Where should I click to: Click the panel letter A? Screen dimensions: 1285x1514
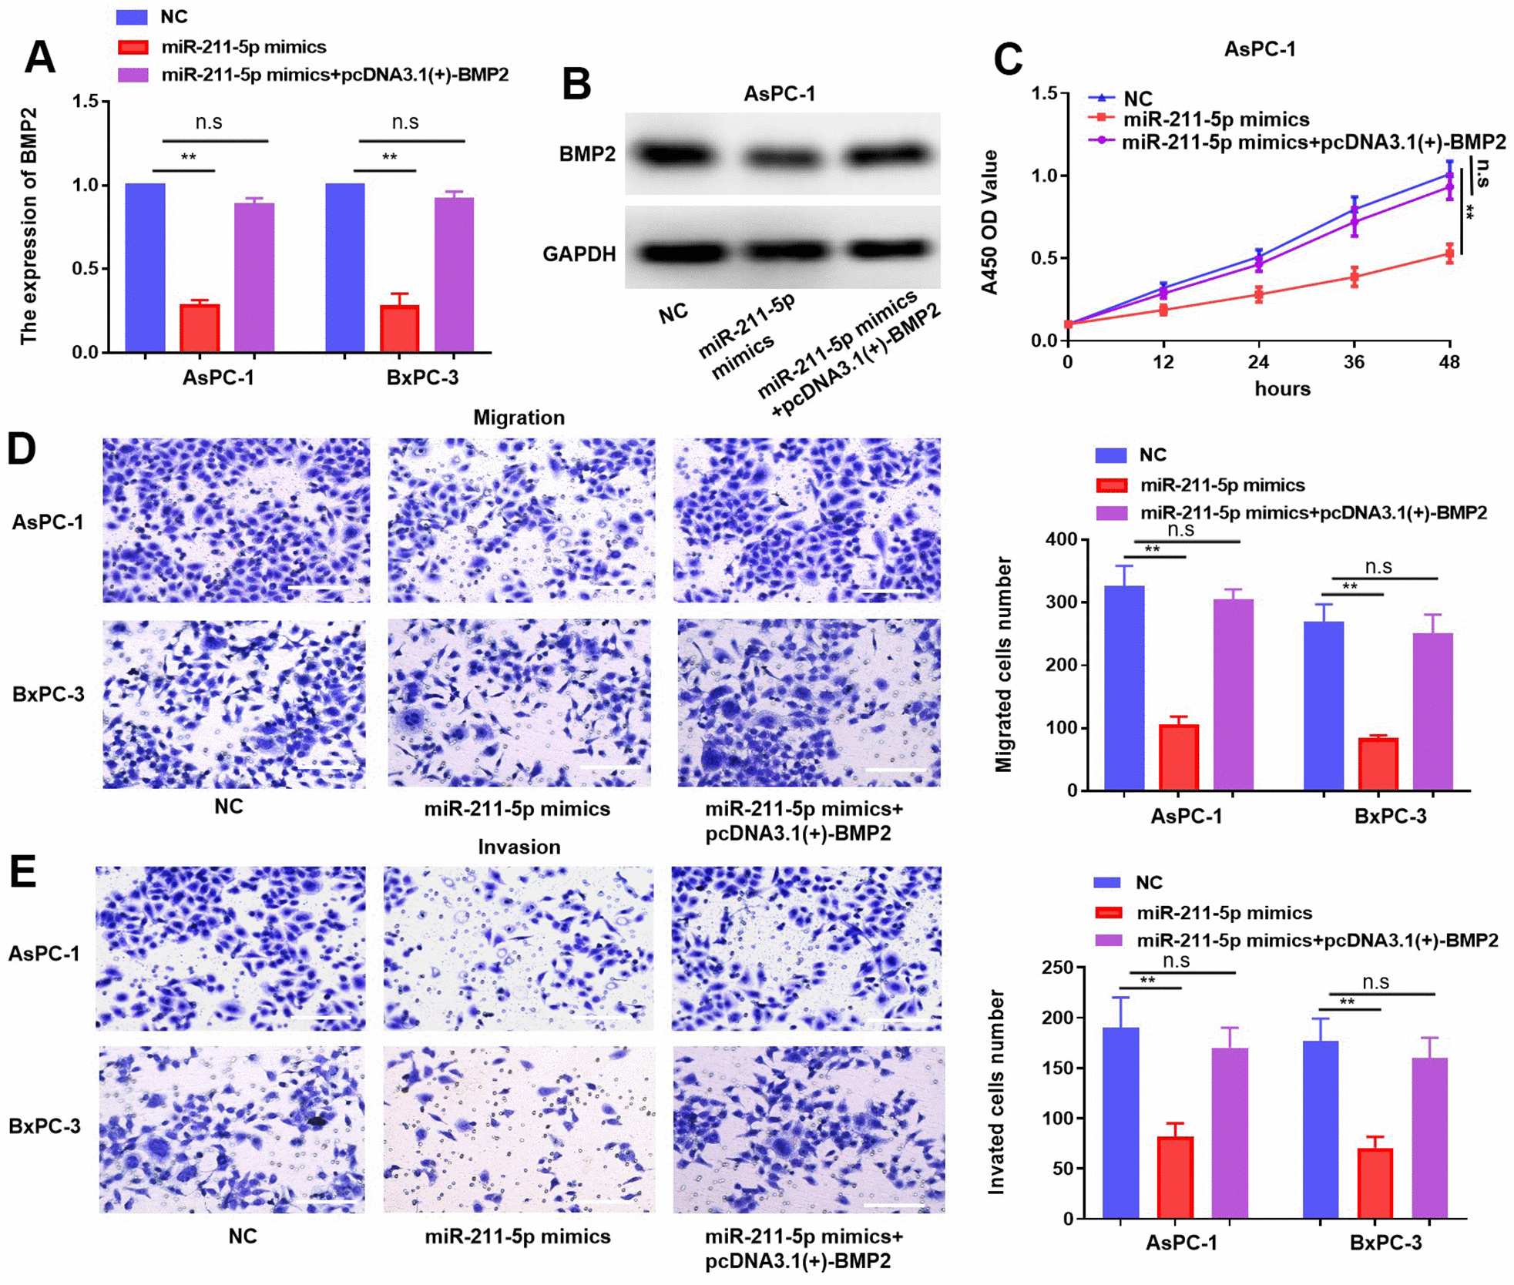39,57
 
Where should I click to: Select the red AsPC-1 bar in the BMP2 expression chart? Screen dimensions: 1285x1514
200,328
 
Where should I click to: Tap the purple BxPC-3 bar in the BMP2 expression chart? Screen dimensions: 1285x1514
454,275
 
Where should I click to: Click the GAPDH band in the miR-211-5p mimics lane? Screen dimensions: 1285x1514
784,251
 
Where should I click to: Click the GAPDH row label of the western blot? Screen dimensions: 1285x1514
579,254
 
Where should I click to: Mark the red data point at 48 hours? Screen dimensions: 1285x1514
1449,253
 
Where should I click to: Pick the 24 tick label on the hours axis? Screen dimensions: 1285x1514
1258,362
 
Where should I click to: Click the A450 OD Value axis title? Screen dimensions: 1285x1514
989,223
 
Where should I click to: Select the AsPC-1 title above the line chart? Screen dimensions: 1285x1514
1260,49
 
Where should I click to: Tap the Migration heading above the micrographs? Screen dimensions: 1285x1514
519,418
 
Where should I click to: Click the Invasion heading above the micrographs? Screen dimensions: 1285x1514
519,847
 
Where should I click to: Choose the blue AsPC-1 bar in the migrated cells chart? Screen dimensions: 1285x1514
1124,688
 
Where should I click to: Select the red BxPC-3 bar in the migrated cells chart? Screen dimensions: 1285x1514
1378,764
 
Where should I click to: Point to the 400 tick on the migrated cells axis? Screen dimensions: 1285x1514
1061,539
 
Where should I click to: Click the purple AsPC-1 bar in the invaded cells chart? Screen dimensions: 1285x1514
1229,1133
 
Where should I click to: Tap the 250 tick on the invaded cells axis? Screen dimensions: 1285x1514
1057,968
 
